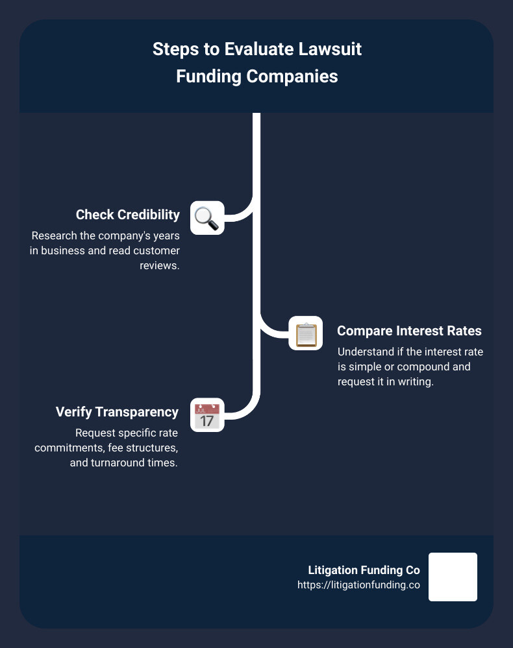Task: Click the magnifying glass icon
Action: [x=206, y=218]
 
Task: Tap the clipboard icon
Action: [x=305, y=333]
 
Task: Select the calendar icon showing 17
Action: [x=206, y=415]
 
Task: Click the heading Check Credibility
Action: [x=127, y=215]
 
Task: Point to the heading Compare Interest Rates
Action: [x=409, y=331]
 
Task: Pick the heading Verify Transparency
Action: [x=117, y=412]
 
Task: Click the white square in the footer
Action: [x=453, y=577]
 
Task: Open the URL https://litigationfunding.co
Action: [x=358, y=584]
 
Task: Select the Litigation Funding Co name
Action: [x=364, y=570]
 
